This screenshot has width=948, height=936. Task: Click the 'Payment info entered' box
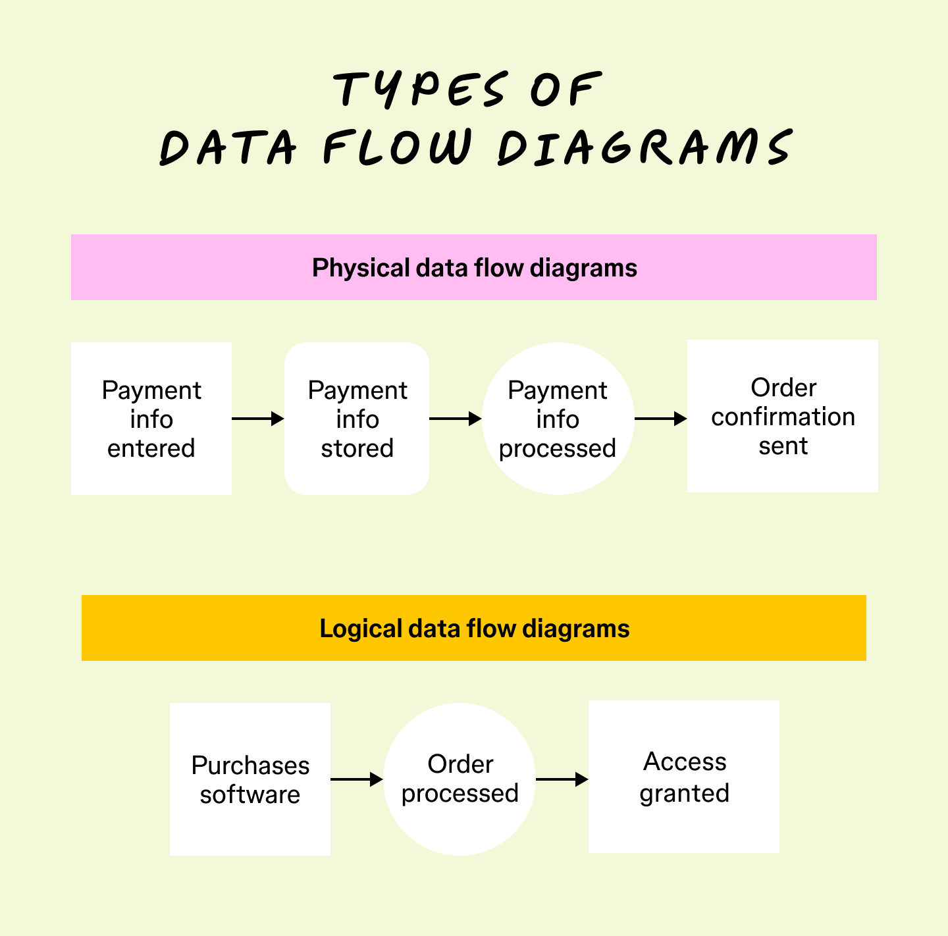151,419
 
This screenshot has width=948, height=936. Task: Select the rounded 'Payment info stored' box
357,419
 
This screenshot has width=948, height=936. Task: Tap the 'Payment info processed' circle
558,419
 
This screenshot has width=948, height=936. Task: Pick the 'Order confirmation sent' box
782,416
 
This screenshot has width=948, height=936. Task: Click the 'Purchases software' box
250,779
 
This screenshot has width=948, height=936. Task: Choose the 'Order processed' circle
460,779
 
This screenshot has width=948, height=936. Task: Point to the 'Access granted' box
683,777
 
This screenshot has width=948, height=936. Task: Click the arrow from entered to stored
257,419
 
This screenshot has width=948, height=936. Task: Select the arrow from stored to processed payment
455,419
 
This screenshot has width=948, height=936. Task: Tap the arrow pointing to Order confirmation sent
660,419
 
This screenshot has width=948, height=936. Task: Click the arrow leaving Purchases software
356,779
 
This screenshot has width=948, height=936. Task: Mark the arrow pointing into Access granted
562,779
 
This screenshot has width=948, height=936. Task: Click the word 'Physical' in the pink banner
361,268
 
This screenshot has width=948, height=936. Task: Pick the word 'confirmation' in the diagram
783,417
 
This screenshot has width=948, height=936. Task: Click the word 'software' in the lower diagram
250,794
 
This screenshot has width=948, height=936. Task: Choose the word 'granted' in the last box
684,793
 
